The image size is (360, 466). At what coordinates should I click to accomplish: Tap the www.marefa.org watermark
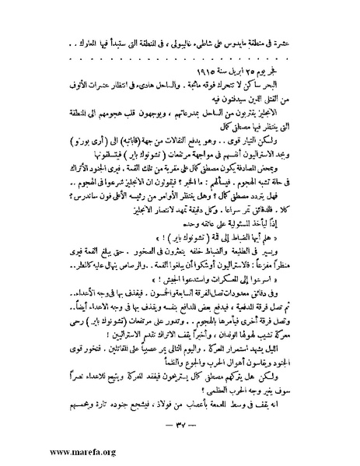pyautogui.click(x=40, y=452)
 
